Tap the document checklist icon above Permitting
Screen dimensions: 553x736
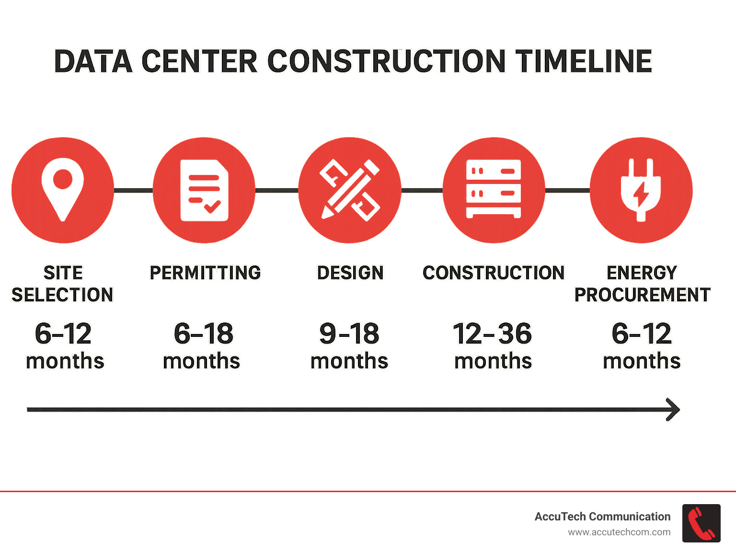tap(204, 190)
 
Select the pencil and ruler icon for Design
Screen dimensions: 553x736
tap(350, 190)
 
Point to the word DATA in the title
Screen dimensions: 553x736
tap(93, 61)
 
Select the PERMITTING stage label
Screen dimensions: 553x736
tap(205, 273)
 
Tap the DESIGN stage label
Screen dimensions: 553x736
tap(350, 273)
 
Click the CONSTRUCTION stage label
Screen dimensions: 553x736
tap(494, 273)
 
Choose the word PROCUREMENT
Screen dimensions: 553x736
tap(642, 295)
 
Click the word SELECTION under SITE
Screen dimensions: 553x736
tap(62, 295)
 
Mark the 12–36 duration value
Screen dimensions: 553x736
tap(492, 334)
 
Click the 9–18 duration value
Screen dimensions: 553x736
tap(349, 334)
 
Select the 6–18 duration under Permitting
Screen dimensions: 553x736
tap(203, 334)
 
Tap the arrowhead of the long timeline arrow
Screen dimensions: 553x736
tap(674, 410)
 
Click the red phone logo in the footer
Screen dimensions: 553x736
tap(701, 523)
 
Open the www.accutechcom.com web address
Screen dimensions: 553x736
tap(619, 532)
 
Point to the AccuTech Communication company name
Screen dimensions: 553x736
tap(602, 517)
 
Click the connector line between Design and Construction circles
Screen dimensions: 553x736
tap(422, 191)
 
